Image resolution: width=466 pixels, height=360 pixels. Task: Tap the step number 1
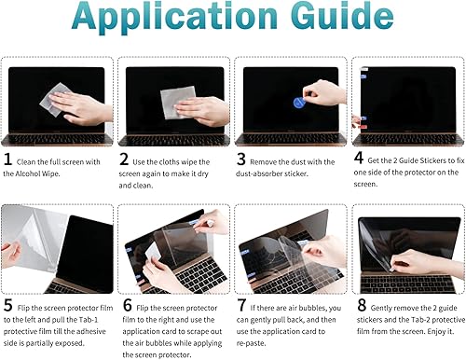9,159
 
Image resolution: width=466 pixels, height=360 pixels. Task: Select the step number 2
125,159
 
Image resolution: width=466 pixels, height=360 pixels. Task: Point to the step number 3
240,159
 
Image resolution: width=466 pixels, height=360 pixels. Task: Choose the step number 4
358,159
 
